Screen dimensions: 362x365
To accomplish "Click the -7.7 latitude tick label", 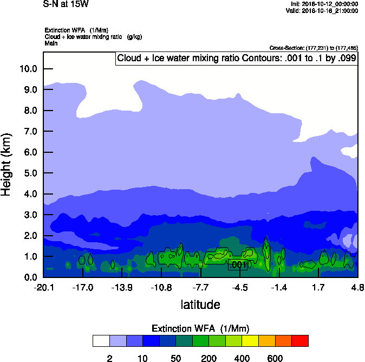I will point(201,287).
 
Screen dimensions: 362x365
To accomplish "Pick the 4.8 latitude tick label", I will point(357,287).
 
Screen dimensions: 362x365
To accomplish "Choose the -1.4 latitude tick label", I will point(279,287).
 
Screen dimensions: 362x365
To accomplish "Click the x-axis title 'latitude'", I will point(200,305).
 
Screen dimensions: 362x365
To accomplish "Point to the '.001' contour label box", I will point(238,264).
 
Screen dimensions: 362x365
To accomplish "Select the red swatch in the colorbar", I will point(300,341).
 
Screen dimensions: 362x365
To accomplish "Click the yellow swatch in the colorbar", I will point(250,341).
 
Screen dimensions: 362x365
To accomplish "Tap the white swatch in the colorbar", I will point(101,341).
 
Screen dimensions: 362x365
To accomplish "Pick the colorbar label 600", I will point(275,358).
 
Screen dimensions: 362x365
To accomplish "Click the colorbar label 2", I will point(109,358).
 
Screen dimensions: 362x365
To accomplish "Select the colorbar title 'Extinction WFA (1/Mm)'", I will point(200,328).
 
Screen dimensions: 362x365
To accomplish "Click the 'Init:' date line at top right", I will point(324,4).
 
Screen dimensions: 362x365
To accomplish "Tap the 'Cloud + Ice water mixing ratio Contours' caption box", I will point(237,59).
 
